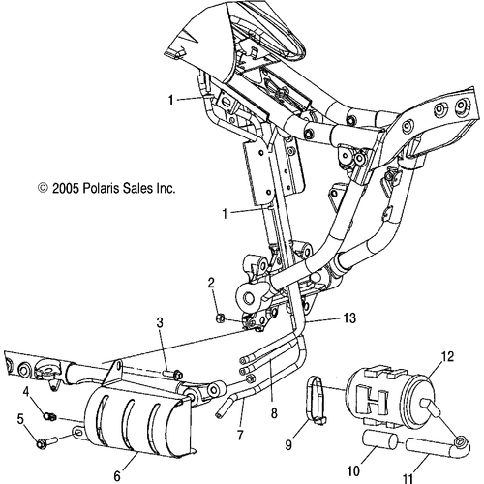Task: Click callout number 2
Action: pos(210,282)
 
